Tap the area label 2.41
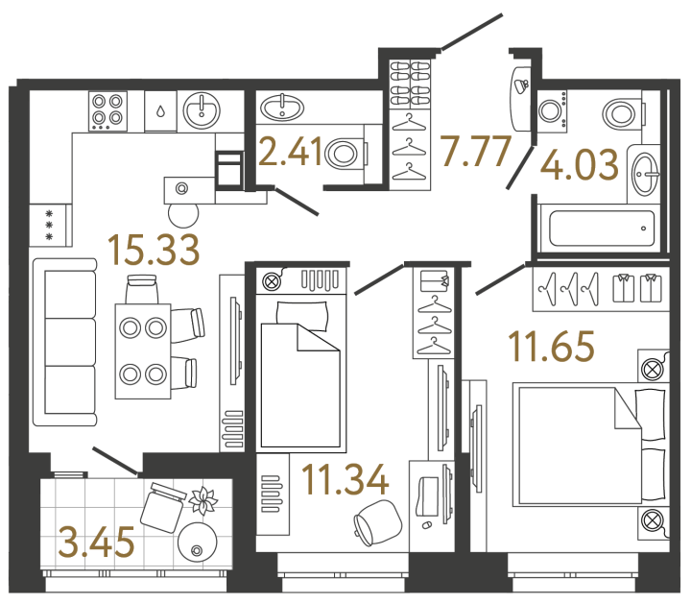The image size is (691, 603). pos(291,153)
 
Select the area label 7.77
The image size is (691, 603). pos(473,152)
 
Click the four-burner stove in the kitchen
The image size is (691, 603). pos(107,111)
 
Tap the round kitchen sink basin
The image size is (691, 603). pos(203,109)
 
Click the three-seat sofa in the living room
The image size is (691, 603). pos(64,342)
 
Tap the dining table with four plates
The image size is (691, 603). pos(142,350)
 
